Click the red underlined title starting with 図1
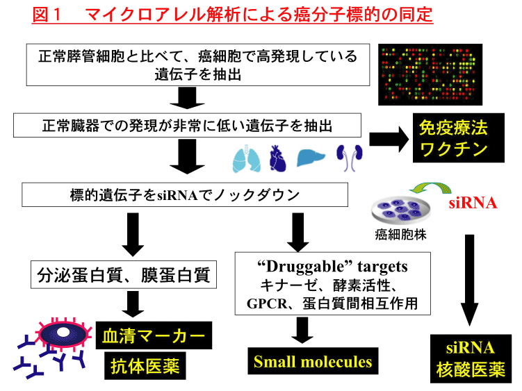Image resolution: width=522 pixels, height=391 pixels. click(x=232, y=15)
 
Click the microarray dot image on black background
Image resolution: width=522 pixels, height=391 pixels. click(x=430, y=74)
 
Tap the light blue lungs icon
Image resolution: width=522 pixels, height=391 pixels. click(x=246, y=159)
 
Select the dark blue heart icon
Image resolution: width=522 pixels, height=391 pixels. click(x=277, y=158)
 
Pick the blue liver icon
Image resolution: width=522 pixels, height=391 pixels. click(x=310, y=158)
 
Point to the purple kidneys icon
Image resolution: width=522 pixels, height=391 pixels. click(x=349, y=158)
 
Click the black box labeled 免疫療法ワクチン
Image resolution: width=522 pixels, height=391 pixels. click(x=459, y=138)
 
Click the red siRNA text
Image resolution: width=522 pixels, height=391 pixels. click(x=473, y=203)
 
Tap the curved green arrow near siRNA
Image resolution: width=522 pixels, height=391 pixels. click(x=430, y=188)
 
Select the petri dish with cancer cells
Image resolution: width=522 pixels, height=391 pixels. click(x=401, y=210)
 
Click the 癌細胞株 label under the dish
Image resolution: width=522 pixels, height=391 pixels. click(x=400, y=234)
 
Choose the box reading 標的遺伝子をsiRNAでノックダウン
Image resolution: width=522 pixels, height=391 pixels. click(x=185, y=194)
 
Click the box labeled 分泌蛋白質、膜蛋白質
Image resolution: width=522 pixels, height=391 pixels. click(x=124, y=274)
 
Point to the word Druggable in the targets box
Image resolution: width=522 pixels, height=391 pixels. click(x=304, y=267)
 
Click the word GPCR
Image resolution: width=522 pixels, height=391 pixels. click(x=267, y=303)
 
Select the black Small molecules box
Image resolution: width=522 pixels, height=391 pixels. click(x=313, y=361)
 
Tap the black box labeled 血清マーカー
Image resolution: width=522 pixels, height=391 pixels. click(x=154, y=335)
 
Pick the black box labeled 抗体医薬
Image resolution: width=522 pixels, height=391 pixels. click(x=145, y=366)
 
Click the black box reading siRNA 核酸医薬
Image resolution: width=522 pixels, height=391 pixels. click(x=471, y=359)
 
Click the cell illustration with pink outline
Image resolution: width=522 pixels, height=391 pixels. click(x=63, y=334)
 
